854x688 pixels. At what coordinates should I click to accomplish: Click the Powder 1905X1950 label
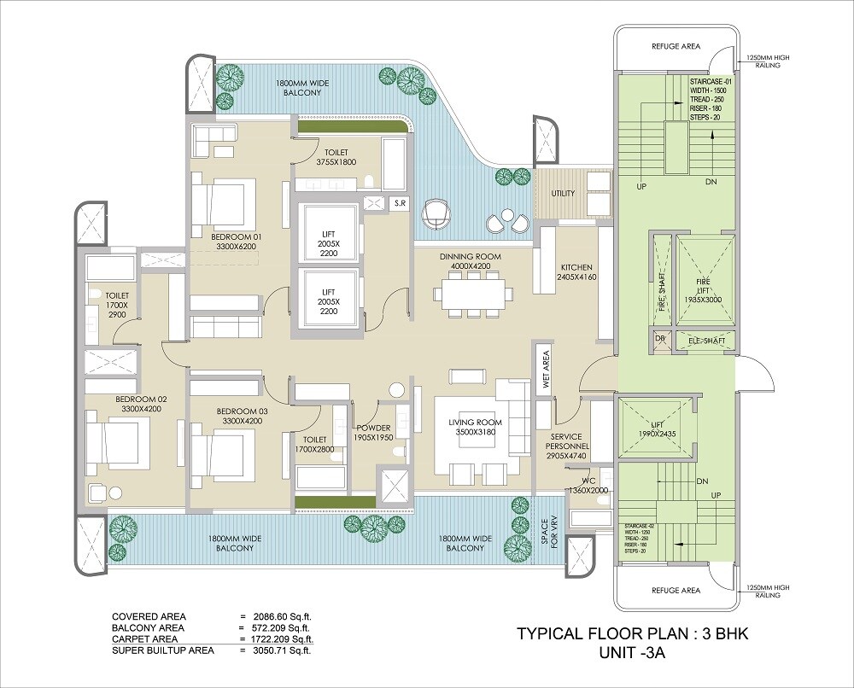(x=373, y=433)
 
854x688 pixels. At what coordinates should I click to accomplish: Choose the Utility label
(x=563, y=194)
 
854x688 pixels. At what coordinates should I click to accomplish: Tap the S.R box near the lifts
(x=399, y=203)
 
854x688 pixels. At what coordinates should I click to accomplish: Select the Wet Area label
(x=546, y=371)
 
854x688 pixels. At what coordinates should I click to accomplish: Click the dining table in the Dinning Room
(x=473, y=294)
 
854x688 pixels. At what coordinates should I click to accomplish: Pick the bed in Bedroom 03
(x=221, y=452)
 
